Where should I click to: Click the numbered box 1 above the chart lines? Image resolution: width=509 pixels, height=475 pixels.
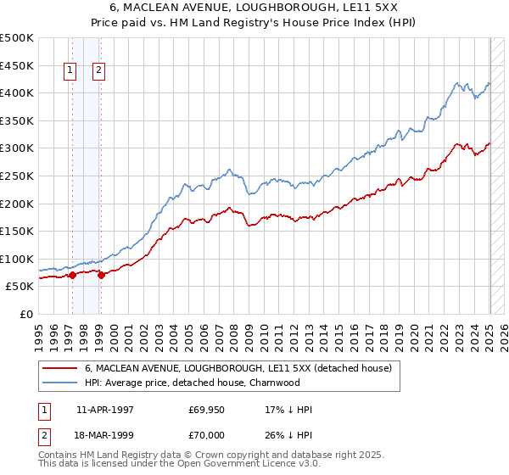point(69,71)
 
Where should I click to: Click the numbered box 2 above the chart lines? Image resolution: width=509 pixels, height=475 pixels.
point(99,71)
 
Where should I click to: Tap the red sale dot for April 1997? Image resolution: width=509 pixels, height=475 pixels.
point(72,275)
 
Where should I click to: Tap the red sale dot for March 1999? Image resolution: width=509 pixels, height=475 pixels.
point(101,275)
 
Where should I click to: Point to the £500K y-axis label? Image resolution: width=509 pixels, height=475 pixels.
point(18,38)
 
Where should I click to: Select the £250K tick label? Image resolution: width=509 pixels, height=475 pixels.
point(18,176)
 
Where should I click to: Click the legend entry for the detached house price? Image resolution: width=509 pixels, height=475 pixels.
point(238,369)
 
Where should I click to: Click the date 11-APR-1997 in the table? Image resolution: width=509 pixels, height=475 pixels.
point(105,410)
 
